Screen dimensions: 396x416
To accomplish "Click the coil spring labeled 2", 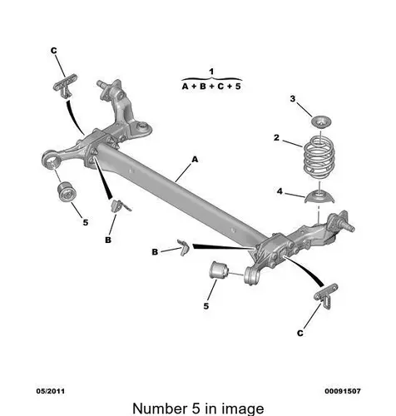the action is (319, 157).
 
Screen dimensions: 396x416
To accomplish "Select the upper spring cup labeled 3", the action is (321, 122).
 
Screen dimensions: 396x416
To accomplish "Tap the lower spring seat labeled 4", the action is (319, 196).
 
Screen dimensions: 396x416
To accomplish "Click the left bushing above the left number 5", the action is (67, 191).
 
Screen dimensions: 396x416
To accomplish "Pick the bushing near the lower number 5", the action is (218, 270).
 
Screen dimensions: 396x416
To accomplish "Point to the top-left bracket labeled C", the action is (65, 85).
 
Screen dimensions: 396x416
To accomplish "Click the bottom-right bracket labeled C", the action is (326, 295).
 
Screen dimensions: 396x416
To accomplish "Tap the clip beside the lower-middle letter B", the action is (183, 246).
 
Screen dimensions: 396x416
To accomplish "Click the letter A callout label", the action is (196, 160).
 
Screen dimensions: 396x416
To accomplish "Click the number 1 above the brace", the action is (211, 72).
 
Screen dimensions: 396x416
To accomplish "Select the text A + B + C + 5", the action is (211, 87).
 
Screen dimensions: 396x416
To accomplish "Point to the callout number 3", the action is (293, 99).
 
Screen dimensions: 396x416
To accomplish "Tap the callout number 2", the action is (276, 138).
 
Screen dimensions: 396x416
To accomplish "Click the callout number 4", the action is (280, 191).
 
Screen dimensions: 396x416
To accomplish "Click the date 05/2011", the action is (51, 391).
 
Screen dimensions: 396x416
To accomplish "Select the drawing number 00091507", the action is (343, 391).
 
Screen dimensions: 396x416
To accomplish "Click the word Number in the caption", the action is (160, 409).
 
